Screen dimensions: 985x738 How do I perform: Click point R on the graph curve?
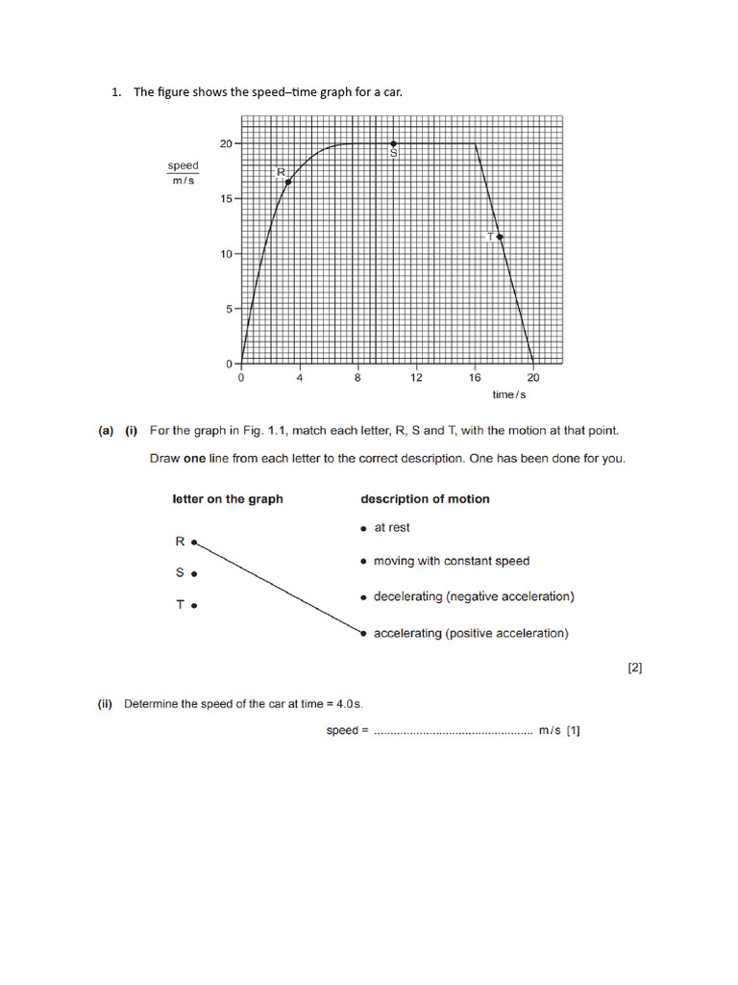(x=288, y=182)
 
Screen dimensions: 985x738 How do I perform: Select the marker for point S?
(x=394, y=144)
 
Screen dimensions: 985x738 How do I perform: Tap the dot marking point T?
(x=500, y=236)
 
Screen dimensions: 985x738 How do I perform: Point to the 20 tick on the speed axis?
(x=226, y=143)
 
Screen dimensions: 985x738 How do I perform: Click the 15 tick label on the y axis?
(x=226, y=199)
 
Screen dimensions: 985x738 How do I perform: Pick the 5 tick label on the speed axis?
(x=229, y=310)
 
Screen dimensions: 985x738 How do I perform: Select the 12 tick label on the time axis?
(x=416, y=378)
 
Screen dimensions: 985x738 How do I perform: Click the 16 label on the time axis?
(x=475, y=378)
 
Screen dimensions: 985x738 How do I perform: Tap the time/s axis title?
(x=509, y=395)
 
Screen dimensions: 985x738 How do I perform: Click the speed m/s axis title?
(x=183, y=174)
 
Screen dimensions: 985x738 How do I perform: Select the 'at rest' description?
(x=391, y=527)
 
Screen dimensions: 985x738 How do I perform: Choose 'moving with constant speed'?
(x=451, y=561)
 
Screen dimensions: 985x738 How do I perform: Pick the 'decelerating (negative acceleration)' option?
(x=474, y=596)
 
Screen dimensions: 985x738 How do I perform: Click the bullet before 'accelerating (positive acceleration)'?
(x=363, y=633)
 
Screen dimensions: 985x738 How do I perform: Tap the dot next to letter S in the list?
(x=194, y=574)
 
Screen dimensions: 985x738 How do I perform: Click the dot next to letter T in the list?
(x=194, y=606)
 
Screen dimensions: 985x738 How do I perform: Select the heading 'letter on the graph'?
(x=228, y=499)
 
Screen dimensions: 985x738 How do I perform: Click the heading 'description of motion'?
(x=425, y=499)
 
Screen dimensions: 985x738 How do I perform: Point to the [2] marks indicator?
(x=634, y=667)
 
